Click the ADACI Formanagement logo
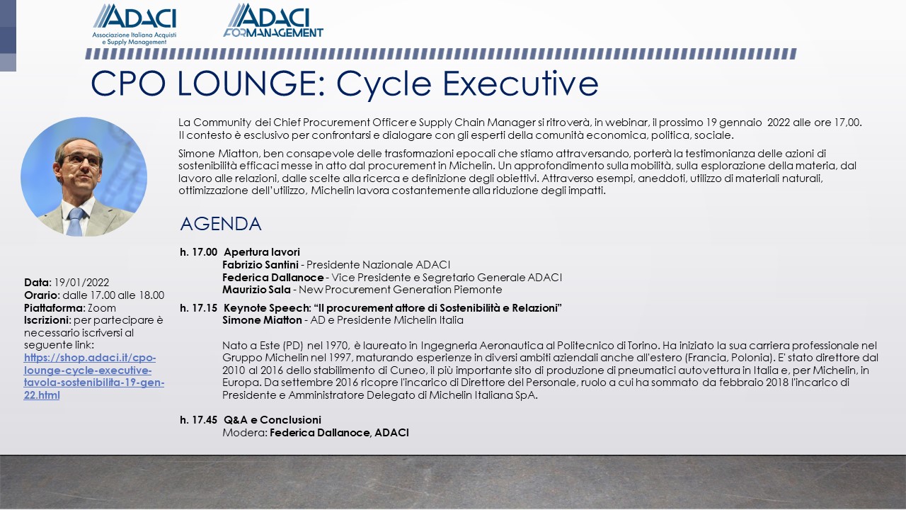pyautogui.click(x=273, y=21)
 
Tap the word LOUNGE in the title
pyautogui.click(x=251, y=84)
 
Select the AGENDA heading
pyautogui.click(x=221, y=224)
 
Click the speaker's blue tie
pyautogui.click(x=75, y=222)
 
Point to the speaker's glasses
pyautogui.click(x=81, y=159)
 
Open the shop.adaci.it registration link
pyautogui.click(x=94, y=376)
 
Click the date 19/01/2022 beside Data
pyautogui.click(x=81, y=283)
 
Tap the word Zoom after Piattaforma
pyautogui.click(x=102, y=308)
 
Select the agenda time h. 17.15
pyautogui.click(x=199, y=308)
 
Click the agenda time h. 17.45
pyautogui.click(x=199, y=420)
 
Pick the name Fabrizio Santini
pyautogui.click(x=260, y=265)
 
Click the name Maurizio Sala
pyautogui.click(x=256, y=290)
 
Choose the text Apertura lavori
pyautogui.click(x=262, y=252)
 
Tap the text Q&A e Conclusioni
pyautogui.click(x=273, y=420)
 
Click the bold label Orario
pyautogui.click(x=42, y=295)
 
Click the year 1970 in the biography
pyautogui.click(x=338, y=346)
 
